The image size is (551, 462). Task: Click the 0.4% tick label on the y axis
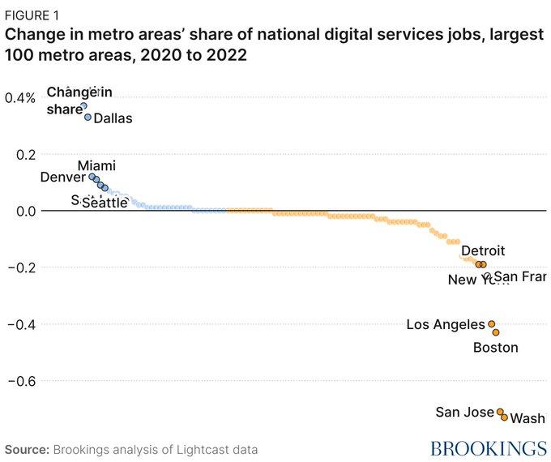tap(19, 97)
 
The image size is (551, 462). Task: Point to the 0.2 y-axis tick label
tap(24, 154)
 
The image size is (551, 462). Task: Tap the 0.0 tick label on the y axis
tap(24, 211)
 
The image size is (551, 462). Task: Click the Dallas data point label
tap(113, 118)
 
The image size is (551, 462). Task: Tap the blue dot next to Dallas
tap(88, 117)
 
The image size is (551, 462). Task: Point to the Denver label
tap(62, 177)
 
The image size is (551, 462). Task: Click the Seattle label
tap(105, 203)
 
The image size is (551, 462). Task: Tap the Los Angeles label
tap(446, 324)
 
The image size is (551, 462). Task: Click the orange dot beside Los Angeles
tap(491, 323)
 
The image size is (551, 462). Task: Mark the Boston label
tap(495, 348)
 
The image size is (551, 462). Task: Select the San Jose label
tap(464, 412)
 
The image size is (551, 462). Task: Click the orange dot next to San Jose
tap(500, 412)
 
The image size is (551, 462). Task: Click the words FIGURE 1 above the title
tap(32, 14)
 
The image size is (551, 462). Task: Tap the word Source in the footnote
tap(27, 448)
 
